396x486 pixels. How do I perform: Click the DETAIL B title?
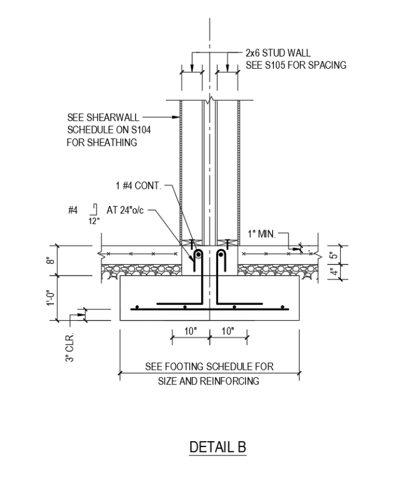click(218, 447)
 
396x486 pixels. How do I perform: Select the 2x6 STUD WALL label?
click(278, 53)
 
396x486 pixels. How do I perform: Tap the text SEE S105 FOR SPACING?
click(296, 65)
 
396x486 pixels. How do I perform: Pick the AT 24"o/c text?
click(126, 211)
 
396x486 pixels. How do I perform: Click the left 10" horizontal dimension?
click(190, 331)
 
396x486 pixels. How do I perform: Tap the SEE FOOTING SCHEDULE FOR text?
click(209, 366)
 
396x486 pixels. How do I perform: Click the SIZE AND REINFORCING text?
click(209, 382)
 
